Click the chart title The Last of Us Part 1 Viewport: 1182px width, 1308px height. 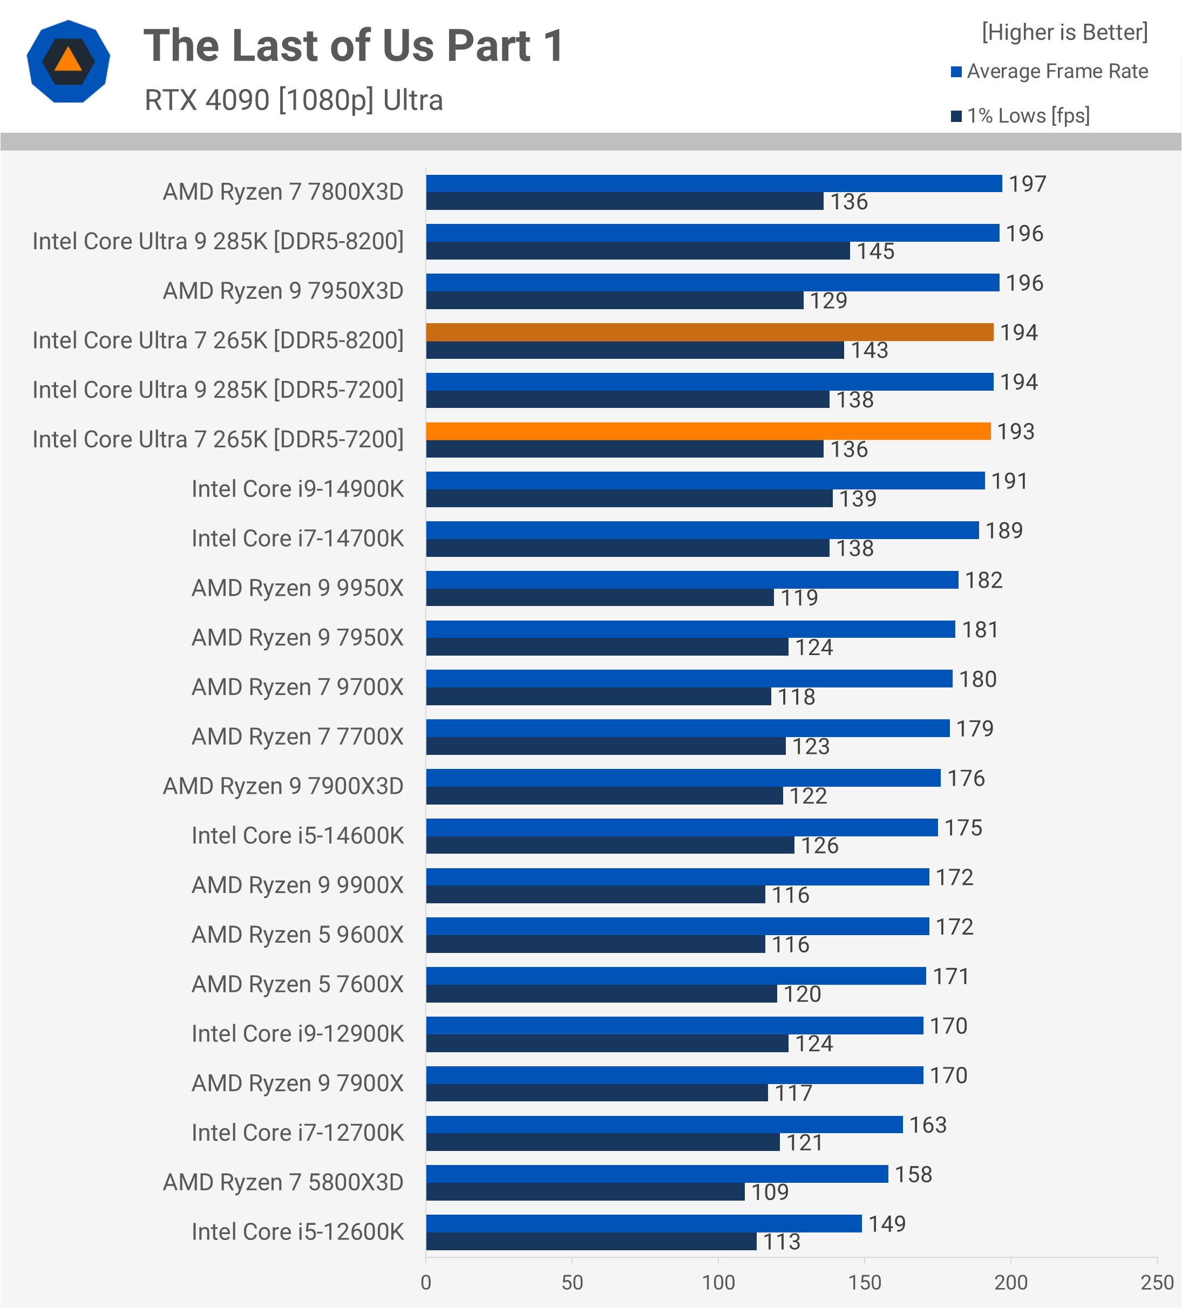(354, 46)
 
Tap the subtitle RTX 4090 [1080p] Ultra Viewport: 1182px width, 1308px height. (294, 100)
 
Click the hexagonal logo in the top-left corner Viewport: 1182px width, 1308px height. (68, 62)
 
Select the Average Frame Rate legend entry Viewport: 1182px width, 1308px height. (1057, 71)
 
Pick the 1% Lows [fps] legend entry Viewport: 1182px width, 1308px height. (1028, 116)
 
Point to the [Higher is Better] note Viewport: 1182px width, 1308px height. (1064, 32)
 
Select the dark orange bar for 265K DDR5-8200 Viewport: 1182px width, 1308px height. (709, 332)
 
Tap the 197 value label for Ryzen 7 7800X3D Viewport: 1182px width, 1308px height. (1028, 184)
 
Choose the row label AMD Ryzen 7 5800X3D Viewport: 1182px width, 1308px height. (283, 1183)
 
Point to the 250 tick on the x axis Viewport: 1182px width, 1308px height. (1157, 1283)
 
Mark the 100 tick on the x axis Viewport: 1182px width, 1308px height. (718, 1283)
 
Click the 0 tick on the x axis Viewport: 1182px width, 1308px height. (426, 1283)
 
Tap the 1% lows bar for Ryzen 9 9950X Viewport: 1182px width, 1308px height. (600, 597)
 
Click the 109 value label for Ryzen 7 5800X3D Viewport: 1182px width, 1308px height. (770, 1193)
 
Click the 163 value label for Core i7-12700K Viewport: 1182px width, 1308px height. (928, 1125)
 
